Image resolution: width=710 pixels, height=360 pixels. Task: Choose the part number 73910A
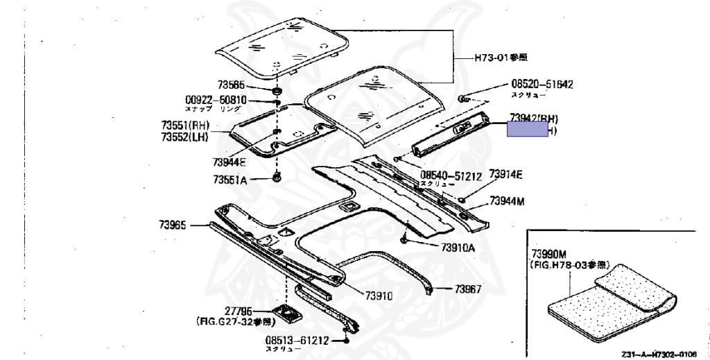458,248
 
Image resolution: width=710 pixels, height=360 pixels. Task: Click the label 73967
468,289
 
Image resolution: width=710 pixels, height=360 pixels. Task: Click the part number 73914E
505,173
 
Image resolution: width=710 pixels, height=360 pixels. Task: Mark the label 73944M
507,201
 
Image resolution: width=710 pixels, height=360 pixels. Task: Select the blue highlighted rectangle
528,129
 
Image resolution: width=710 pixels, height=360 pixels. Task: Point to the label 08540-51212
451,176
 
